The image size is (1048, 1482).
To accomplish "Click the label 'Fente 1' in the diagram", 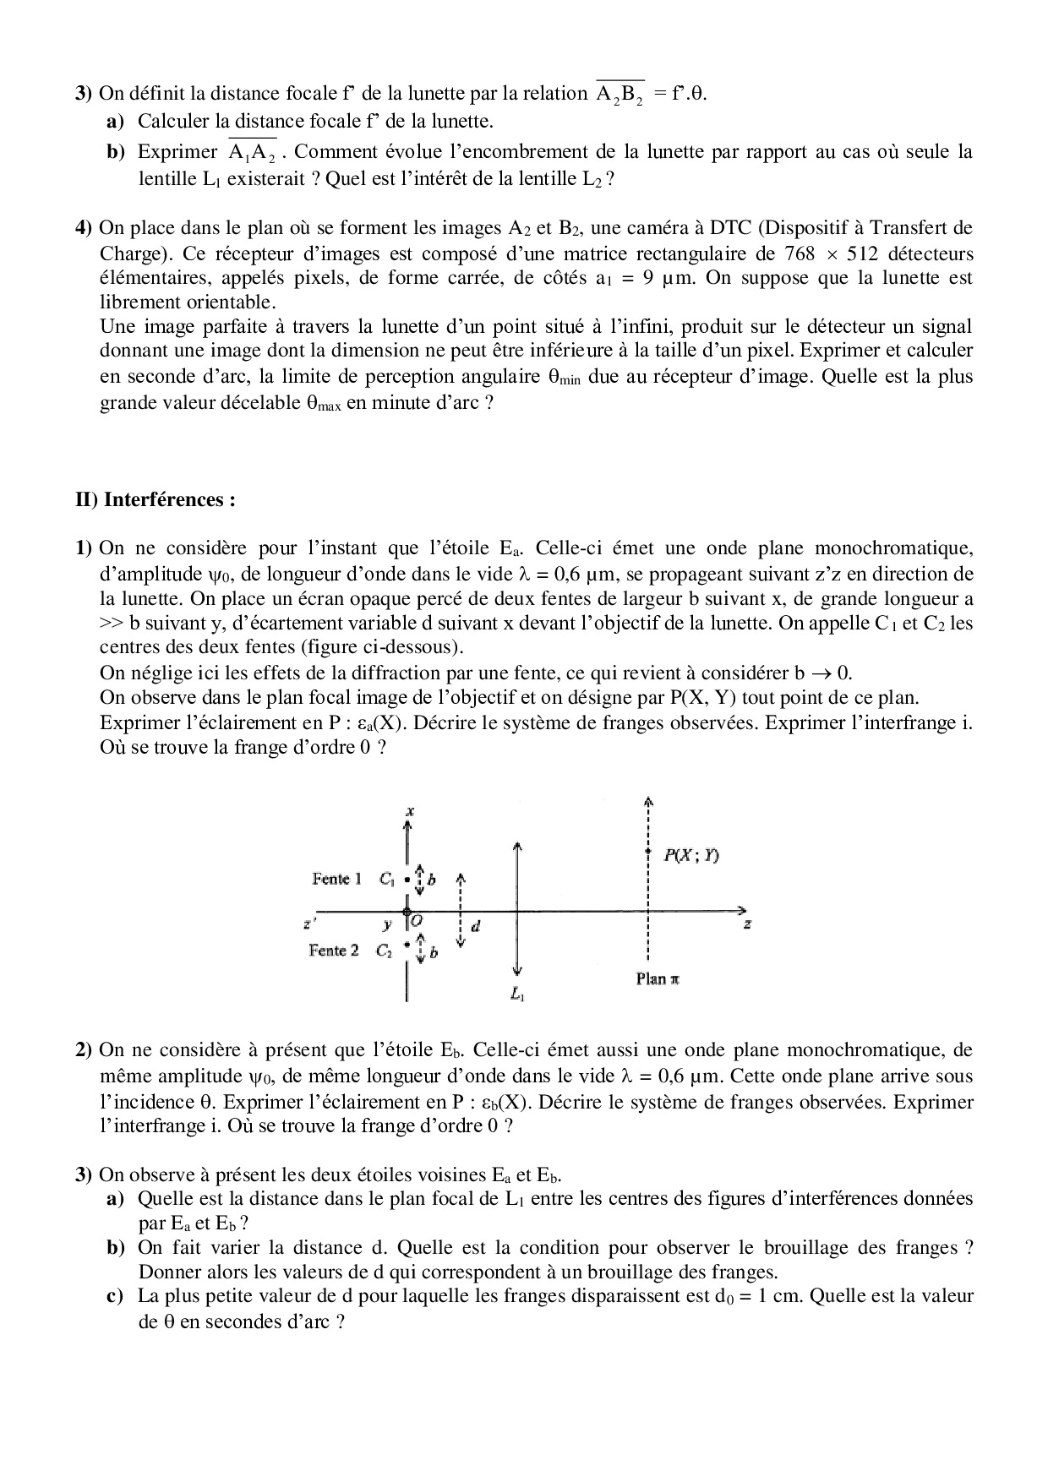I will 336,879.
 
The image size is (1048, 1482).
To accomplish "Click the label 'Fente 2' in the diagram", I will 333,951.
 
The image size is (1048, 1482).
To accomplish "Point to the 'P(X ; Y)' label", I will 690,855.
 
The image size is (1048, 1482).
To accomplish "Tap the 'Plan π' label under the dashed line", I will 658,979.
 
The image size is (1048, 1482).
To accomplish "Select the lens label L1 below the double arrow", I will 517,994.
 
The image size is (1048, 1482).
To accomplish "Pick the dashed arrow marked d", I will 461,913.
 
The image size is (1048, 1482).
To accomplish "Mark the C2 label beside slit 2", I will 385,951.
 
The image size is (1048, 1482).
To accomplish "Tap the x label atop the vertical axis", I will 409,812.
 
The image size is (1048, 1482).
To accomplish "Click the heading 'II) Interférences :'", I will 155,499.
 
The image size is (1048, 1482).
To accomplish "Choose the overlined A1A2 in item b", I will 252,153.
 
